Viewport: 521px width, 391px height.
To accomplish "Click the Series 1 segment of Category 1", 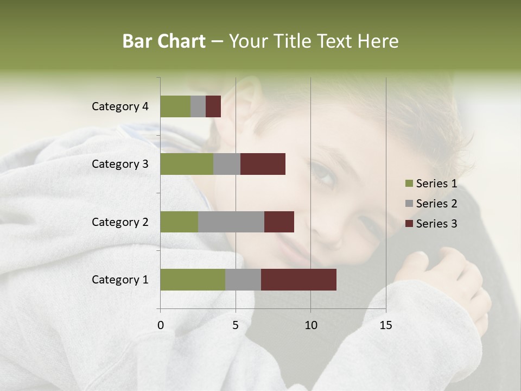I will click(x=193, y=280).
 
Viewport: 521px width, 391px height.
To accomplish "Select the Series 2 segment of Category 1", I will click(x=243, y=280).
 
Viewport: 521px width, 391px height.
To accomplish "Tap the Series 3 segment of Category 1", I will click(x=298, y=280).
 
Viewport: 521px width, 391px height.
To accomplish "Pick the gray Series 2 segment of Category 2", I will click(x=231, y=222).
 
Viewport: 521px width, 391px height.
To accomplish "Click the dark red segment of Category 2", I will click(x=279, y=222).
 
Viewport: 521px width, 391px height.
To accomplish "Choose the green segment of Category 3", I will click(x=187, y=164).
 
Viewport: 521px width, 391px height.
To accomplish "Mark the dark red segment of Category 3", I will click(x=263, y=164).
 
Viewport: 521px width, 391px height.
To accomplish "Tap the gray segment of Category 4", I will click(x=198, y=106).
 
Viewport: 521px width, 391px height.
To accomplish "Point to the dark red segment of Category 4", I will click(x=213, y=106).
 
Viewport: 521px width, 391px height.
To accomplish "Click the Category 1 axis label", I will click(x=119, y=280).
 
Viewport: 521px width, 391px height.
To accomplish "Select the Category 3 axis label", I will click(x=119, y=164).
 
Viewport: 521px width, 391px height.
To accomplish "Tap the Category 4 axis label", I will click(x=119, y=106).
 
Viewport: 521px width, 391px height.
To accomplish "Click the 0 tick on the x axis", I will click(x=161, y=325).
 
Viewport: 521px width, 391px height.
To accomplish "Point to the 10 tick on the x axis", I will click(x=310, y=325).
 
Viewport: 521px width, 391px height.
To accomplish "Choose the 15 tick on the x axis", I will click(x=386, y=325).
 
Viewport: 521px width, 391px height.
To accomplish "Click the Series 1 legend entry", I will click(x=431, y=184).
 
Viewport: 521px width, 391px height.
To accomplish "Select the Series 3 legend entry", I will click(x=431, y=224).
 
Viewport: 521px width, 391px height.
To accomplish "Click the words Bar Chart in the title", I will click(x=164, y=41).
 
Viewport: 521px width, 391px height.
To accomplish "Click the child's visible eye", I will click(x=324, y=175).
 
